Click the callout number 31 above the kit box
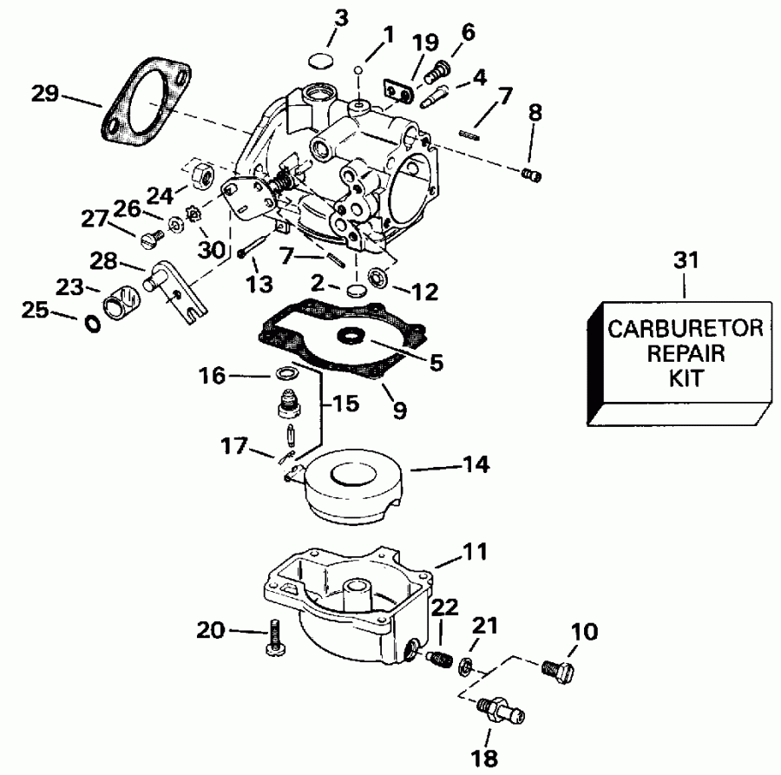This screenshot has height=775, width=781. click(x=685, y=259)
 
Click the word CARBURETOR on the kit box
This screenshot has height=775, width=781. click(x=685, y=330)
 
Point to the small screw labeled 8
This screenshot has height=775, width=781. click(x=534, y=175)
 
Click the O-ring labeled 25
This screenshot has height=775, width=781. click(x=91, y=325)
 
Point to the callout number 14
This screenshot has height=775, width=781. click(x=476, y=466)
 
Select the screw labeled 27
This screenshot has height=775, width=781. click(x=148, y=233)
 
